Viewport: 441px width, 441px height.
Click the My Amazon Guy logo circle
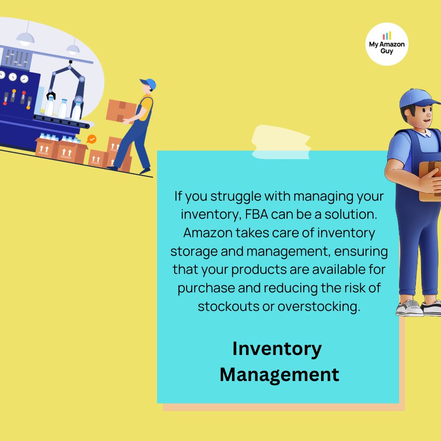387,44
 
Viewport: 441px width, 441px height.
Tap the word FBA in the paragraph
257,214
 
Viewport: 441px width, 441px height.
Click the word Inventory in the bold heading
277,349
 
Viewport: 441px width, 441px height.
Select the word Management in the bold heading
279,374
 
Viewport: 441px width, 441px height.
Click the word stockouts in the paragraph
228,306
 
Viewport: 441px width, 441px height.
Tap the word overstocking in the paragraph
319,306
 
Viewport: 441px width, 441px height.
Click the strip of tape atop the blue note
281,142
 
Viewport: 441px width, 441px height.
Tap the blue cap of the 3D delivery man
418,98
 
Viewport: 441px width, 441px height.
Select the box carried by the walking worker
121,111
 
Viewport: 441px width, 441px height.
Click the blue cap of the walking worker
149,83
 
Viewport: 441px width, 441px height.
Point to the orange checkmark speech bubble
91,139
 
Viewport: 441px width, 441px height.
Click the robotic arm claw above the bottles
51,95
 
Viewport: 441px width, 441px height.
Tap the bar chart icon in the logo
387,36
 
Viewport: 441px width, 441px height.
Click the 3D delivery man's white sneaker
410,309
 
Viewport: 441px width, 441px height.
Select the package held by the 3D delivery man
430,181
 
